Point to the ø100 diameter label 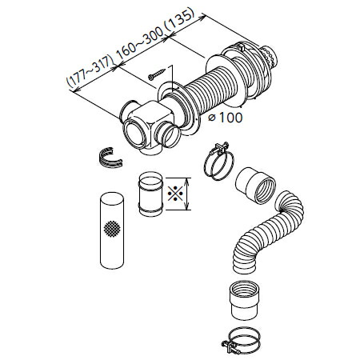pyautogui.click(x=226, y=118)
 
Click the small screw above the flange pyautogui.click(x=157, y=74)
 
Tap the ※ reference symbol pyautogui.click(x=175, y=194)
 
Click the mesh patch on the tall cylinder pyautogui.click(x=112, y=229)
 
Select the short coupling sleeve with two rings pyautogui.click(x=150, y=194)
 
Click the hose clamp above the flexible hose pyautogui.click(x=219, y=161)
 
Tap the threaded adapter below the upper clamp pyautogui.click(x=255, y=185)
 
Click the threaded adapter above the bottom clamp pyautogui.click(x=244, y=299)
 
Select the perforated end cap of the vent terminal pyautogui.click(x=270, y=58)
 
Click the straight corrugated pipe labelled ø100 pyautogui.click(x=214, y=86)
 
